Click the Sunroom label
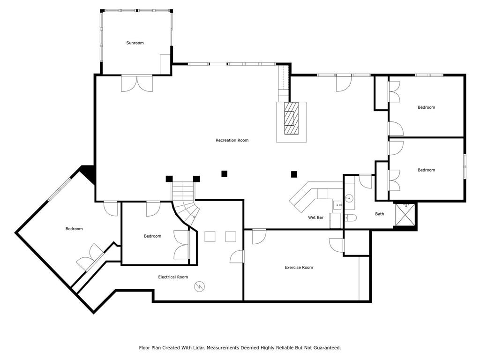[x=135, y=43]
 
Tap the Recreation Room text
[x=232, y=140]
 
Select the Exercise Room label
[x=299, y=267]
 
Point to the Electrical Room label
[x=173, y=277]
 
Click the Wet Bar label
[x=315, y=217]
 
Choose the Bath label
[x=380, y=214]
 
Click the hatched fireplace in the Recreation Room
[x=291, y=118]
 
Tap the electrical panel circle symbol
[x=199, y=286]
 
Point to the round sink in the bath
[x=349, y=198]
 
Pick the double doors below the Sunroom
[x=137, y=83]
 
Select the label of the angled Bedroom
[x=74, y=229]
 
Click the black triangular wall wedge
[x=89, y=174]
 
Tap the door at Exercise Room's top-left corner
[x=259, y=236]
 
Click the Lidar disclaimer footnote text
[x=240, y=348]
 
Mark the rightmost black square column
[x=294, y=174]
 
